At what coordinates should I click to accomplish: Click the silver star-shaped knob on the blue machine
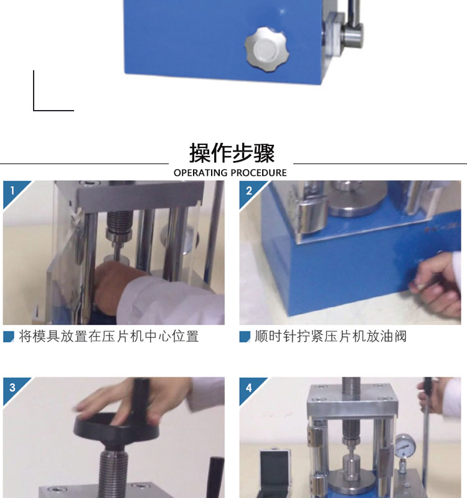pos(267,49)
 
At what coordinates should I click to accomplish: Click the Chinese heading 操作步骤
pos(232,154)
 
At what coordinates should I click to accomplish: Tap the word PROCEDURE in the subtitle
pos(258,173)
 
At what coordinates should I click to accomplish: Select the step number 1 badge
pos(12,191)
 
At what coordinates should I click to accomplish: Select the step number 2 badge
pos(249,191)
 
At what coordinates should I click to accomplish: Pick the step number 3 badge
pos(12,387)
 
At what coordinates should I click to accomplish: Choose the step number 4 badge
pos(249,387)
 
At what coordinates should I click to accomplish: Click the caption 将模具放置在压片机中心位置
pos(109,336)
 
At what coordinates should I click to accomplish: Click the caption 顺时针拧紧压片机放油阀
pos(331,336)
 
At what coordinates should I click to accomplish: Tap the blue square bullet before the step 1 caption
pos(9,337)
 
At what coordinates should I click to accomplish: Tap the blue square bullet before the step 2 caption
pos(245,337)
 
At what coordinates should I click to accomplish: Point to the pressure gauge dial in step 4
pos(405,446)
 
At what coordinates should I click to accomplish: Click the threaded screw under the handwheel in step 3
pos(113,470)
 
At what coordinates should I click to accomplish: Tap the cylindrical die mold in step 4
pos(351,466)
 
